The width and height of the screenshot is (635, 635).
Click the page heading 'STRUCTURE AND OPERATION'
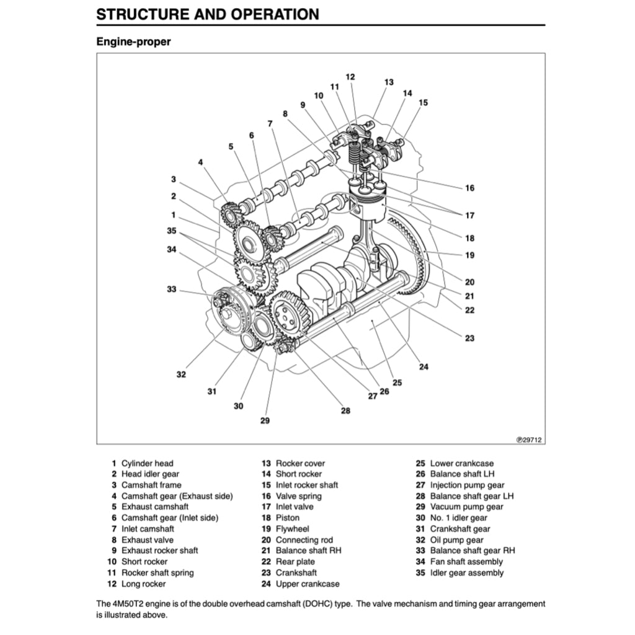point(208,14)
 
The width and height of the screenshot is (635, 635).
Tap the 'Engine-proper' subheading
point(133,42)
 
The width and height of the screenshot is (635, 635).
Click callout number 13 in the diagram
point(389,82)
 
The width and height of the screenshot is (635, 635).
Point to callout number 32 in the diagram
point(181,375)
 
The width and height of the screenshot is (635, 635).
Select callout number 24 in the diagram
point(424,366)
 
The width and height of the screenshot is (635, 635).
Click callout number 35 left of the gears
point(172,231)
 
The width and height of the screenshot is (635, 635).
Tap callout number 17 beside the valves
point(469,216)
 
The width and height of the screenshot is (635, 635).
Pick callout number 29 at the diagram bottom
point(265,420)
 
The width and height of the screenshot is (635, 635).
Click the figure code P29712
point(529,440)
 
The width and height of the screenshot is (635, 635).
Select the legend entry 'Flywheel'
point(292,529)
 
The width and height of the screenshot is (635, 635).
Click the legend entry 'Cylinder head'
point(147,463)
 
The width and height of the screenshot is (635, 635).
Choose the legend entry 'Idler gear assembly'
point(466,573)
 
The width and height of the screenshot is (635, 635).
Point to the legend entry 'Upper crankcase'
point(307,584)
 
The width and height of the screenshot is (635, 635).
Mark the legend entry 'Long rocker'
point(143,584)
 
